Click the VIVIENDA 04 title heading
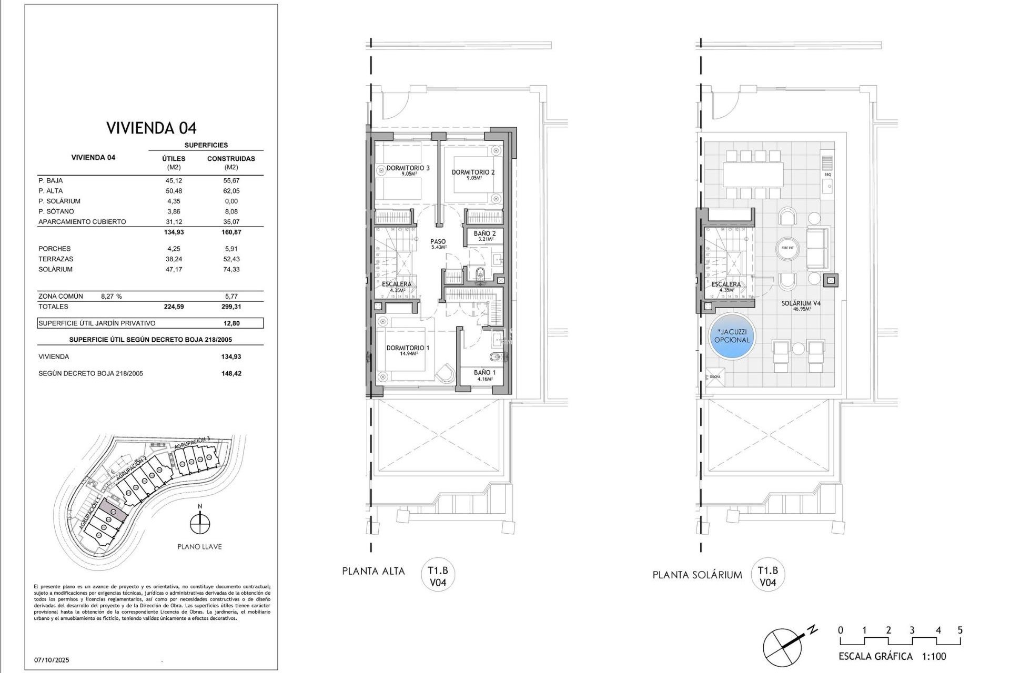[x=151, y=128]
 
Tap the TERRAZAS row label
[x=56, y=259]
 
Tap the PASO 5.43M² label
[x=438, y=243]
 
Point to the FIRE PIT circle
[x=787, y=248]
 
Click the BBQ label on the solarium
[x=827, y=174]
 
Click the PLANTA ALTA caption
[x=373, y=572]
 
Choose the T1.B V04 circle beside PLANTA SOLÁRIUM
[x=767, y=576]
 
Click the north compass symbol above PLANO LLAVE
[x=200, y=523]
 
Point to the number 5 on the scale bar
[x=960, y=630]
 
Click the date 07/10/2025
[x=52, y=660]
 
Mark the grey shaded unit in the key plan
[x=113, y=509]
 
